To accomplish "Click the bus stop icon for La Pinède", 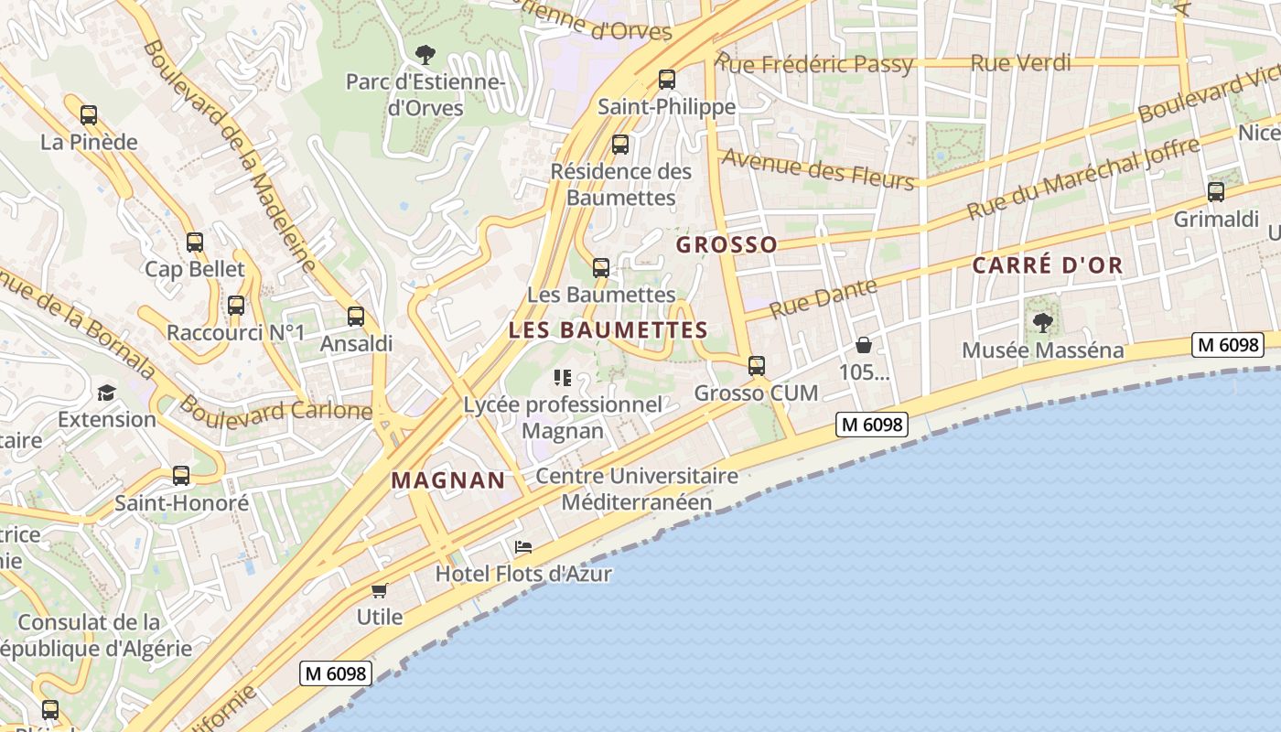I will [89, 115].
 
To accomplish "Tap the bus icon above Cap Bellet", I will [195, 242].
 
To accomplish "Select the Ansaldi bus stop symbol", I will [356, 317].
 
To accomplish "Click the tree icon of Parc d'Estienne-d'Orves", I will [425, 55].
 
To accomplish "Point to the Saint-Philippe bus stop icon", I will [667, 80].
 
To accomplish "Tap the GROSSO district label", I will [727, 244].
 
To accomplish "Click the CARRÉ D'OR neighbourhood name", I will [1047, 265].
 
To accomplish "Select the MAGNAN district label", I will [448, 479].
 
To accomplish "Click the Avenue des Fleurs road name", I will [818, 169].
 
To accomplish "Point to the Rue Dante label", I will [823, 298].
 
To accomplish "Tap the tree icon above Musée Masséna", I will [1042, 322].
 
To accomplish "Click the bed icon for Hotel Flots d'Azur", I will [523, 547].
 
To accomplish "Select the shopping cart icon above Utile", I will [380, 590].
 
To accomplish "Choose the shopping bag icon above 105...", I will [863, 345].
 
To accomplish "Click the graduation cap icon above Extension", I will [107, 393].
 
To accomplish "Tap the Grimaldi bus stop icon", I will [1216, 192].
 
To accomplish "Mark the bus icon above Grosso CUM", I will [757, 366].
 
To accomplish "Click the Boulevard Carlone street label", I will [274, 407].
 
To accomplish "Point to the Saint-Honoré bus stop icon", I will [181, 476].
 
